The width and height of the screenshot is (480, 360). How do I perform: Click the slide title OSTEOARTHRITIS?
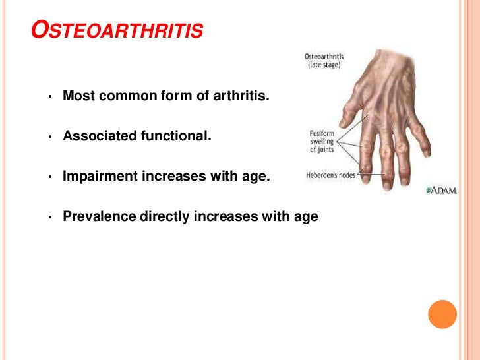click(118, 31)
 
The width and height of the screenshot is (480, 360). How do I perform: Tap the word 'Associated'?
click(97, 136)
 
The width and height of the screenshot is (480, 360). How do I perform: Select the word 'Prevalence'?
click(96, 216)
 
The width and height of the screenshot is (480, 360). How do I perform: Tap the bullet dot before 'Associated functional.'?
click(49, 138)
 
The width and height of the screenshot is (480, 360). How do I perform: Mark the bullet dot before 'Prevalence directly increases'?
click(49, 218)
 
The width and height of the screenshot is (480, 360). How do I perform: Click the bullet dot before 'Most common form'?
click(49, 98)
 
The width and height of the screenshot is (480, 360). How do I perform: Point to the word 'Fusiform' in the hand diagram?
click(322, 133)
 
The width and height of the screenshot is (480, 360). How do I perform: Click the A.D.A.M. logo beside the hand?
click(441, 191)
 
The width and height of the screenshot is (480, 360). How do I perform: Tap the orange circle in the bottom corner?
click(442, 314)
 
